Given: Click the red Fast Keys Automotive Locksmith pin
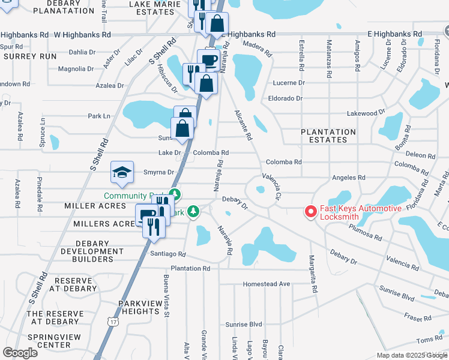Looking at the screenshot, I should pyautogui.click(x=311, y=211).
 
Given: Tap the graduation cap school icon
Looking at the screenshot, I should pyautogui.click(x=121, y=173).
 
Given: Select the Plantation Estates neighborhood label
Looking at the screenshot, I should pyautogui.click(x=328, y=136).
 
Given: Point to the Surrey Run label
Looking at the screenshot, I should pyautogui.click(x=30, y=56).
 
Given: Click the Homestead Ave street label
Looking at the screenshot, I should pyautogui.click(x=267, y=284).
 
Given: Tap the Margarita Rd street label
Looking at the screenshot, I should pyautogui.click(x=313, y=272).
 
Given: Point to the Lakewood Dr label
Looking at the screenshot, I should pyautogui.click(x=366, y=113).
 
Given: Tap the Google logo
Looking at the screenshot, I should pyautogui.click(x=20, y=352).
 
